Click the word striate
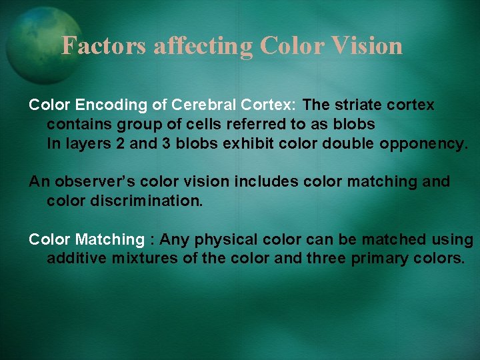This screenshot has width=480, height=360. pos(360,105)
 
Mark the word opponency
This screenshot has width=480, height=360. pos(424,143)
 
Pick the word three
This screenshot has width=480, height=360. pos(326,258)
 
